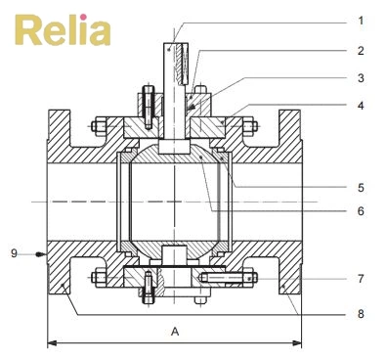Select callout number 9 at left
pyautogui.click(x=14, y=253)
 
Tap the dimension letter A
pyautogui.click(x=175, y=333)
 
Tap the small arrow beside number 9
pyautogui.click(x=39, y=253)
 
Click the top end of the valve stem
pyautogui.click(x=172, y=44)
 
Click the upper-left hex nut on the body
pyautogui.click(x=98, y=125)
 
